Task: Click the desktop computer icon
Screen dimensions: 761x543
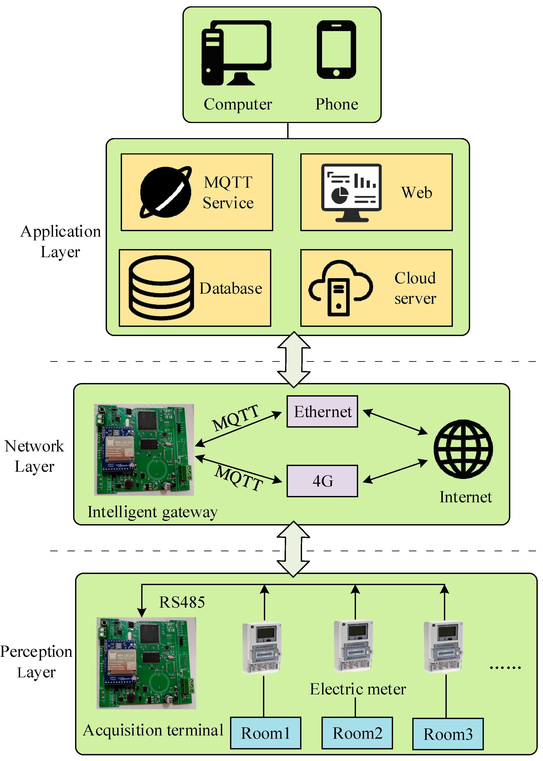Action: [x=236, y=53]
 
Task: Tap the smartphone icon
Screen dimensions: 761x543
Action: [x=336, y=50]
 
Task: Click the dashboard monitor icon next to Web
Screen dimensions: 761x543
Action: [x=351, y=192]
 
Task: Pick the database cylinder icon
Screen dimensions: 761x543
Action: [x=161, y=288]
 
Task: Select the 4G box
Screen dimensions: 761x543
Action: [x=322, y=481]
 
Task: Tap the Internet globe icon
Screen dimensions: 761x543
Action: [x=463, y=449]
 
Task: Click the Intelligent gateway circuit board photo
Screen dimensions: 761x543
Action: [x=144, y=449]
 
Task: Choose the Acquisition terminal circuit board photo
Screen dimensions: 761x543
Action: [x=146, y=663]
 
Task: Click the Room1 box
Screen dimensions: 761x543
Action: [x=265, y=733]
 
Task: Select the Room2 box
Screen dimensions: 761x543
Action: [x=357, y=733]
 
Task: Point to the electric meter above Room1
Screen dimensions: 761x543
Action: [x=262, y=648]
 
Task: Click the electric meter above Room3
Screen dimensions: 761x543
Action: [x=443, y=647]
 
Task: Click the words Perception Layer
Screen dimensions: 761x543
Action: [x=36, y=662]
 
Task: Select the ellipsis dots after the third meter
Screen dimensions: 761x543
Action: [x=505, y=668]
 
